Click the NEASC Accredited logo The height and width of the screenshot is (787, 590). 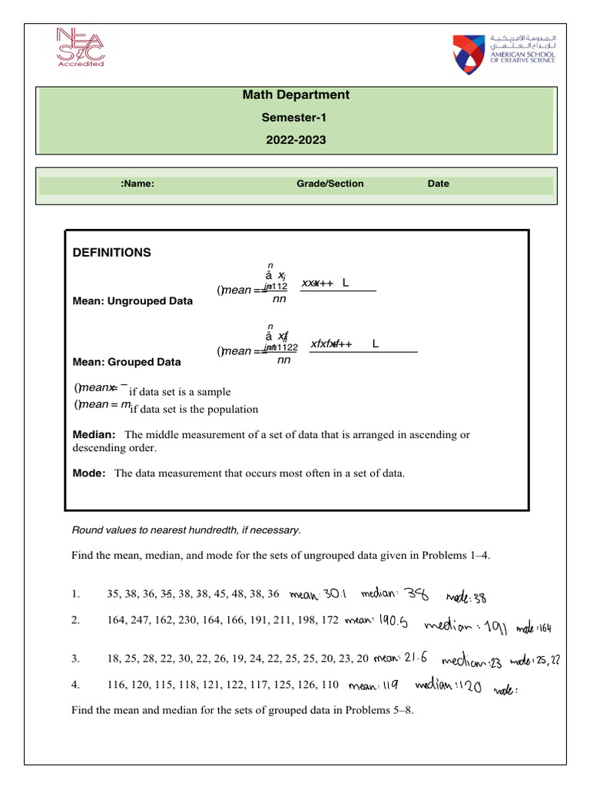pyautogui.click(x=80, y=48)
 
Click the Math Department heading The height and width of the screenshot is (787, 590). pyautogui.click(x=295, y=95)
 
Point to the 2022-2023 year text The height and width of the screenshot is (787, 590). pyautogui.click(x=295, y=141)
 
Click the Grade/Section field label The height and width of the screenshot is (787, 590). pyautogui.click(x=330, y=184)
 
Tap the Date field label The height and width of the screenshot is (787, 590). pyautogui.click(x=439, y=184)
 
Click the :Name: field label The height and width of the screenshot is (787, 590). pyautogui.click(x=138, y=184)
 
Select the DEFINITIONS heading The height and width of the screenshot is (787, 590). pyautogui.click(x=111, y=253)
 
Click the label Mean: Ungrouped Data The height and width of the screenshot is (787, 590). pyautogui.click(x=132, y=301)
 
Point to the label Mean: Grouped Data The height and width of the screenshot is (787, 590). pyautogui.click(x=127, y=361)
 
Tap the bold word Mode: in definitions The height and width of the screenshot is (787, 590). pyautogui.click(x=88, y=473)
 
